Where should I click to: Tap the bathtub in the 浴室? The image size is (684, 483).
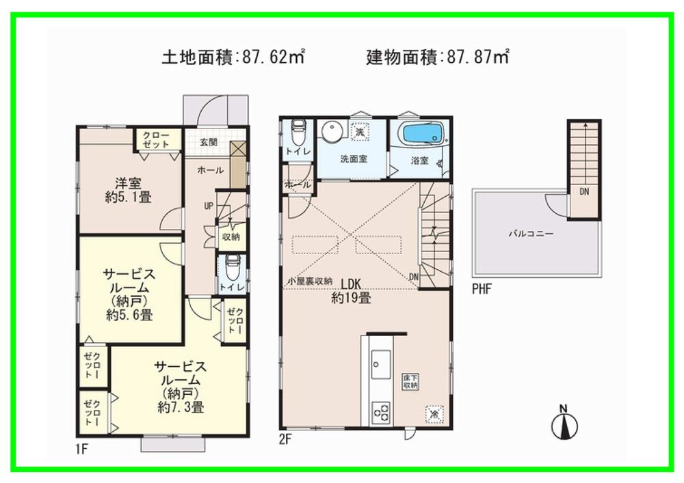421,134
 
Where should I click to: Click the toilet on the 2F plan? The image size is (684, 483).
298,130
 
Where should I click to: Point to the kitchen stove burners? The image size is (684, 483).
381,411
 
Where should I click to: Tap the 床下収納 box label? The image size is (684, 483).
410,383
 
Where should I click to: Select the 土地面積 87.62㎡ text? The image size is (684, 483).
233,57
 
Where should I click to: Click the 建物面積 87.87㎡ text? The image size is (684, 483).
438,57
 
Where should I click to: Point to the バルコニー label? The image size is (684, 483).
530,233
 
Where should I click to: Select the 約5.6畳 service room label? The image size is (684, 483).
129,294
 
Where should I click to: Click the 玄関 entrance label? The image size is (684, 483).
209,142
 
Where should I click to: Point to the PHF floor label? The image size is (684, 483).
482,289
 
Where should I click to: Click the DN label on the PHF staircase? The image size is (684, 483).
584,193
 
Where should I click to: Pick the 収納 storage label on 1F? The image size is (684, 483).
231,237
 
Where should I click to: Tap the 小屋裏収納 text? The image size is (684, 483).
309,281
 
